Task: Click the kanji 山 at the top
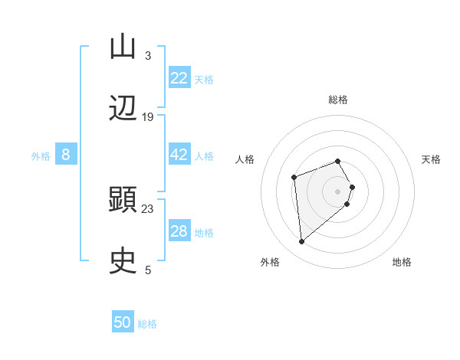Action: click(123, 47)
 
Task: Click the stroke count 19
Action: click(148, 116)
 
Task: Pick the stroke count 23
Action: click(148, 208)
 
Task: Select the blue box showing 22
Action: click(179, 78)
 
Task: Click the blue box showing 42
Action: click(179, 155)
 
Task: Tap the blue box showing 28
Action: click(179, 231)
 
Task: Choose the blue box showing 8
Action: click(66, 155)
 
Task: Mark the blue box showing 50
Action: click(123, 322)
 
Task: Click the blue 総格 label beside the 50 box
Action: click(147, 324)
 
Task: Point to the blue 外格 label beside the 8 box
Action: click(41, 156)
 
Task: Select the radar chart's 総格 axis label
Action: click(338, 100)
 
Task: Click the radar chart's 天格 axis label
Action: click(431, 159)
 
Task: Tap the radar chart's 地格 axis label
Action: click(402, 262)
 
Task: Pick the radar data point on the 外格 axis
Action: click(302, 242)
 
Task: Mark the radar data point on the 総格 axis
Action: click(338, 161)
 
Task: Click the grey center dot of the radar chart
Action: click(338, 191)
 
